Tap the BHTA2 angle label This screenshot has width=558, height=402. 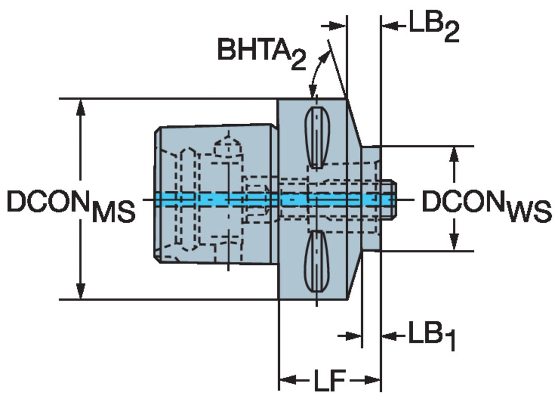[262, 53]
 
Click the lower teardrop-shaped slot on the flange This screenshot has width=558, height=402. [317, 261]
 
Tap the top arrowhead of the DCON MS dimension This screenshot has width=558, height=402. [80, 108]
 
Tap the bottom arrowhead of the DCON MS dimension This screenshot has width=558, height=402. [80, 291]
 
